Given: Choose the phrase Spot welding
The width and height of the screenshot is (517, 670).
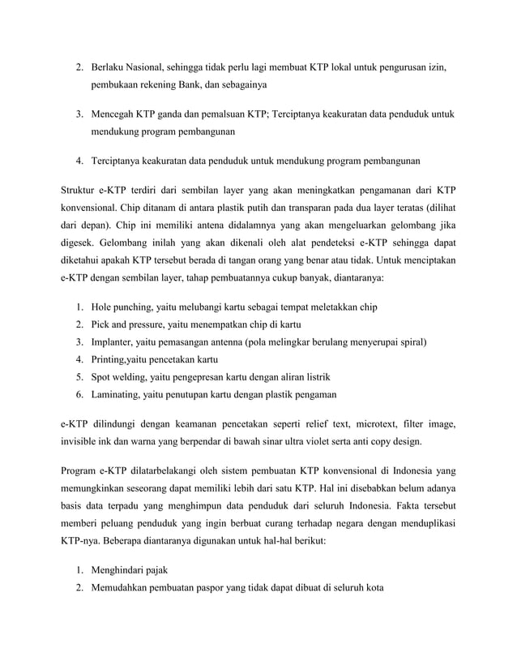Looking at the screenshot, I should click(x=121, y=377).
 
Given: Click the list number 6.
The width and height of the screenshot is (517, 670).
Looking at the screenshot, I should click(x=78, y=395).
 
